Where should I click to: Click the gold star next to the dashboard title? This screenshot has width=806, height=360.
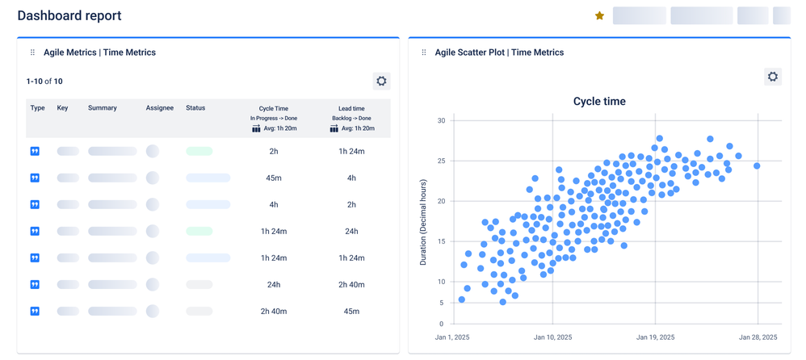tap(599, 15)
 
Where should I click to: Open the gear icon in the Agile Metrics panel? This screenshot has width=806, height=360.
tap(381, 81)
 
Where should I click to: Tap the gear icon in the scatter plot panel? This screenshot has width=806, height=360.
tap(772, 77)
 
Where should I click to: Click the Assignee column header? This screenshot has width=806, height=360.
tap(160, 108)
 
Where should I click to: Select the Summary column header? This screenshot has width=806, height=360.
tap(103, 108)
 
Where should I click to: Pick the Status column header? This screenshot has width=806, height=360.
tap(195, 108)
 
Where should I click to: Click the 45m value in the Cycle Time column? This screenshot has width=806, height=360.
tap(274, 178)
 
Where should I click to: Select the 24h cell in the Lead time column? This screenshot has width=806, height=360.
tap(351, 232)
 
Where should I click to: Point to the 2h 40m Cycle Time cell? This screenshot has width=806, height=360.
tap(274, 312)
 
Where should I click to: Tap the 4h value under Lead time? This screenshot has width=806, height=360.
tap(351, 178)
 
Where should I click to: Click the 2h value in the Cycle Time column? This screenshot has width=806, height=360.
tap(274, 152)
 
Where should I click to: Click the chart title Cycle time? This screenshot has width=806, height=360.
tap(599, 102)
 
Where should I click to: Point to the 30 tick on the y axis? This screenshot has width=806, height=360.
tap(441, 121)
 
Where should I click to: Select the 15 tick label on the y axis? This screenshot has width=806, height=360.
tap(441, 241)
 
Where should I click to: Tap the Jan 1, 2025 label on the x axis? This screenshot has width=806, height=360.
tap(452, 337)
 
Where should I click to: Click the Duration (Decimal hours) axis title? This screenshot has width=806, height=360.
tap(423, 223)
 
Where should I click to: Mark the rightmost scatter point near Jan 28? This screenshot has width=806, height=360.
tap(757, 166)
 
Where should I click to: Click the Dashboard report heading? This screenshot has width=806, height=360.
tap(69, 15)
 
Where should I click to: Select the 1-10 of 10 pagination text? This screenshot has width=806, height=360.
tap(44, 82)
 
